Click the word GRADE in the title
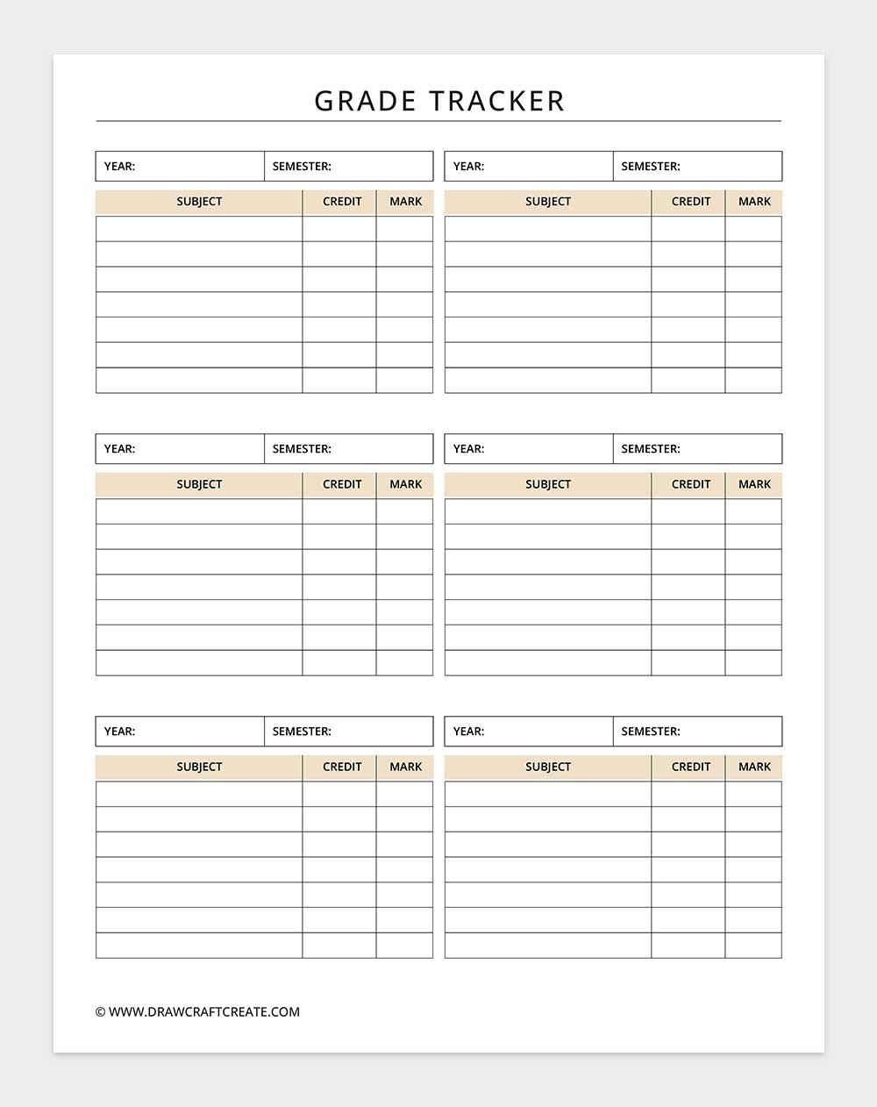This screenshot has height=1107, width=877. (x=365, y=101)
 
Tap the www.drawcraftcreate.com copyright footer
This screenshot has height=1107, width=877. (x=197, y=1011)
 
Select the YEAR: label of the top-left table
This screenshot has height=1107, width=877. (x=119, y=166)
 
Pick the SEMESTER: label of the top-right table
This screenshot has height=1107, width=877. (x=651, y=166)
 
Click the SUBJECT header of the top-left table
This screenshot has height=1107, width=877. (x=199, y=202)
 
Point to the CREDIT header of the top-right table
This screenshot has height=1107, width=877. (x=691, y=202)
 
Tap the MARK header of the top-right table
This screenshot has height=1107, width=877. (x=754, y=202)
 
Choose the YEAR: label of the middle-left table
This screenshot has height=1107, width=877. (x=119, y=448)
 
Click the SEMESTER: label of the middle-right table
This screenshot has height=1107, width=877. (x=651, y=448)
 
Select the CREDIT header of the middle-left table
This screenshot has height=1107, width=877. (x=342, y=484)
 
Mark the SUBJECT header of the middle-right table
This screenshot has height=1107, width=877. (x=548, y=484)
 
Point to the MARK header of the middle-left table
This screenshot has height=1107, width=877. (x=405, y=484)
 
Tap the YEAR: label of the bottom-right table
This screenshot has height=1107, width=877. (x=468, y=731)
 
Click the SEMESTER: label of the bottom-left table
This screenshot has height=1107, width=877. (x=302, y=731)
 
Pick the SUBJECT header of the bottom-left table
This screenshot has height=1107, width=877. (x=199, y=767)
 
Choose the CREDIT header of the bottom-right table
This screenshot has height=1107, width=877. (x=691, y=767)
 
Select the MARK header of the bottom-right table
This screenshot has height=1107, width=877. (x=754, y=767)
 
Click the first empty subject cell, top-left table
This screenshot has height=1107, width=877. (x=199, y=229)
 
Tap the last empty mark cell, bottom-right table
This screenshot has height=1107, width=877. (x=753, y=946)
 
